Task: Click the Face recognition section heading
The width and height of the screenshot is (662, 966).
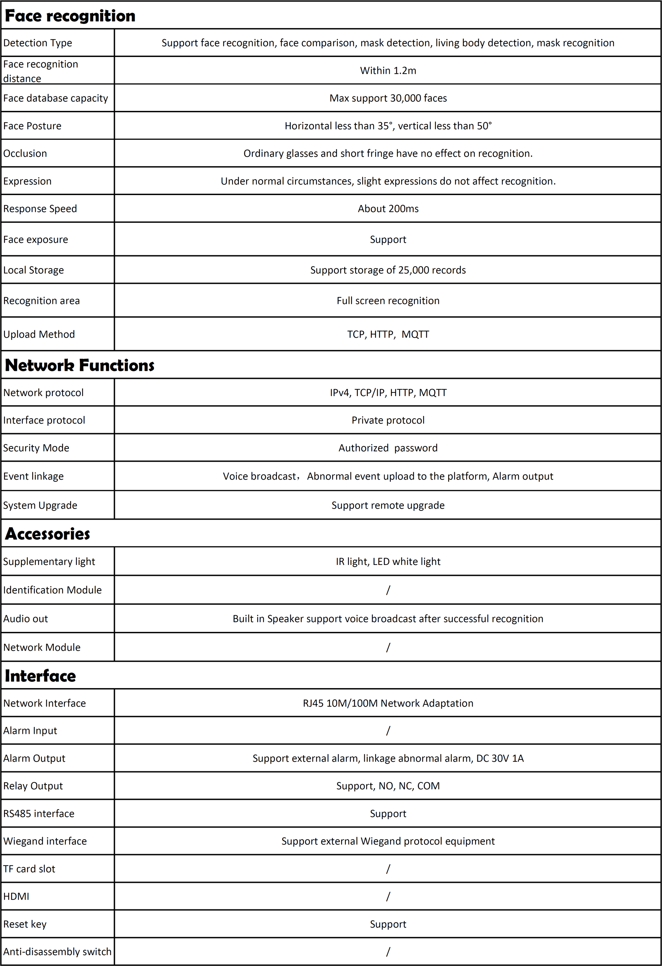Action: click(x=70, y=16)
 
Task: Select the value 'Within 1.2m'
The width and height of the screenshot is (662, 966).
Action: click(x=388, y=71)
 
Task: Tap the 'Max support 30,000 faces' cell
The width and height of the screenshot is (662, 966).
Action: click(x=388, y=98)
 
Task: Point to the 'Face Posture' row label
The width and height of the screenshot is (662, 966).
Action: click(x=32, y=126)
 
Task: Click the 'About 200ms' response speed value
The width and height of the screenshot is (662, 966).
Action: click(x=388, y=209)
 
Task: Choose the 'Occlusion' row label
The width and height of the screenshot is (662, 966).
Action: click(x=25, y=153)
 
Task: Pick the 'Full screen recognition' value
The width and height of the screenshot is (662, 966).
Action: click(x=388, y=300)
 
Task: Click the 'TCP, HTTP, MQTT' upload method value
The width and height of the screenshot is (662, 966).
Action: click(x=388, y=334)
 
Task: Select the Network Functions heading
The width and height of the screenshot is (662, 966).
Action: click(x=79, y=365)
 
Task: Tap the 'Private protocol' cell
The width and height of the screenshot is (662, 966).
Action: click(x=388, y=420)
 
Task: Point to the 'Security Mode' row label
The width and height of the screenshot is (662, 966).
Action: click(x=36, y=448)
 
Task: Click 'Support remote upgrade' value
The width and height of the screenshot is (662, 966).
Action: click(x=388, y=505)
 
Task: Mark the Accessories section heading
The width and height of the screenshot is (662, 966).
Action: click(x=47, y=534)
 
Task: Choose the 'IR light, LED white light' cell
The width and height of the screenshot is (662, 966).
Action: click(x=388, y=562)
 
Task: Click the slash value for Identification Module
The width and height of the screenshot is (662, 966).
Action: click(x=388, y=590)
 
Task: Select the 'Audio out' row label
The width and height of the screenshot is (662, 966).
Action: click(x=25, y=619)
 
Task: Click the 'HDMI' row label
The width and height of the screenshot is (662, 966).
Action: click(x=16, y=896)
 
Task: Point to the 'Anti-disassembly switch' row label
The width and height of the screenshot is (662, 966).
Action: click(x=57, y=951)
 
